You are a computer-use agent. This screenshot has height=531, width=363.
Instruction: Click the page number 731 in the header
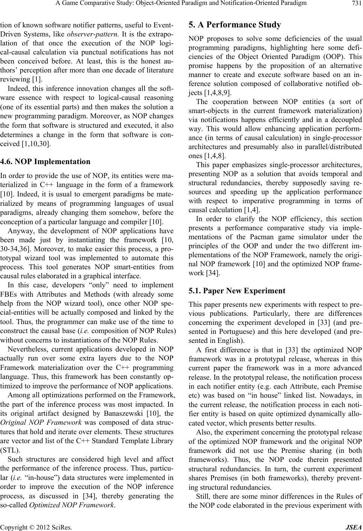tap(357, 4)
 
